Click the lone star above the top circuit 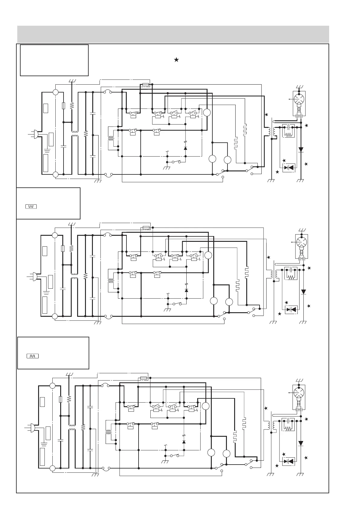(x=176, y=60)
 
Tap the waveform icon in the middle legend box (x=31, y=206)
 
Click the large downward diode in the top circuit (x=301, y=149)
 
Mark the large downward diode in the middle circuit (x=303, y=292)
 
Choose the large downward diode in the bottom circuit (x=301, y=443)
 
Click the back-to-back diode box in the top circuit (x=289, y=167)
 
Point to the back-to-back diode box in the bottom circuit (x=288, y=461)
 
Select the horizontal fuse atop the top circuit (x=146, y=85)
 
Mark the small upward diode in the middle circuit (x=186, y=290)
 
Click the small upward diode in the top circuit (x=185, y=148)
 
